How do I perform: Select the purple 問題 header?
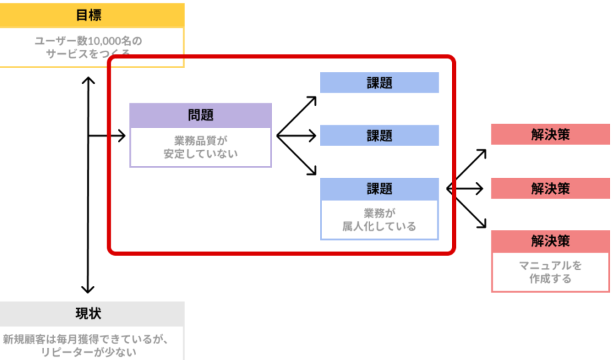pos(201,115)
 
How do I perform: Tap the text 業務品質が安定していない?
pos(201,147)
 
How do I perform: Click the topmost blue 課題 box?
pos(379,83)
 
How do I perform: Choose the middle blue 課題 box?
pos(379,135)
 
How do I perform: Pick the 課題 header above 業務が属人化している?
pos(379,188)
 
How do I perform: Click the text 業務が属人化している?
pos(379,219)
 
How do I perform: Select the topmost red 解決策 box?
pos(551,134)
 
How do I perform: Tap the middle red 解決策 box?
pos(551,188)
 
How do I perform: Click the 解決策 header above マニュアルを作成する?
pos(551,241)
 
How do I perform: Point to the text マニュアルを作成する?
pos(551,272)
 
